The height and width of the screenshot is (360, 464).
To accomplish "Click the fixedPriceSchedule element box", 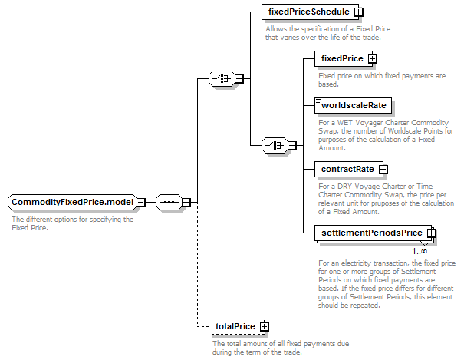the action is [x=310, y=12].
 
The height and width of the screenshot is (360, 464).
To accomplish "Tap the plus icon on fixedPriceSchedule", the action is [x=359, y=12].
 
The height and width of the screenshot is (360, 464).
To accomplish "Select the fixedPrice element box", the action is [x=344, y=58].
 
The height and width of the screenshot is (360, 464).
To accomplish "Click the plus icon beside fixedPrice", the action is [x=372, y=59].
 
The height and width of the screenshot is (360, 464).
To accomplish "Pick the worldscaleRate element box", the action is [x=353, y=105].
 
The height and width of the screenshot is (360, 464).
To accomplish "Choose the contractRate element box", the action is [x=349, y=169].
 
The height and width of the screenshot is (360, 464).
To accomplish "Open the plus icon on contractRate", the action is [x=383, y=170].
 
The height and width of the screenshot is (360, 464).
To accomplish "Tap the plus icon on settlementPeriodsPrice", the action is [x=432, y=233].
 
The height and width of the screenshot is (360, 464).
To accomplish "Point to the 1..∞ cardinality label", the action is [x=420, y=251].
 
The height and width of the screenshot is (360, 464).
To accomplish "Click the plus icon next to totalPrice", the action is [x=265, y=326].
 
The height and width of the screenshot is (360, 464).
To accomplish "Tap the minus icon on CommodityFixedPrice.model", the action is [x=141, y=203].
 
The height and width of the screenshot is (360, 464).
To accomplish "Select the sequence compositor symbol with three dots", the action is [x=169, y=202].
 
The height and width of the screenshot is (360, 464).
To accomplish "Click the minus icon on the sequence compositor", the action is [x=186, y=203].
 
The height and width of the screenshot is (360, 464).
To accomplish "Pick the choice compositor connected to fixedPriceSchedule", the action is [x=222, y=79].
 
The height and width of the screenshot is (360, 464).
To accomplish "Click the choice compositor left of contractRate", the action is [x=275, y=145].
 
